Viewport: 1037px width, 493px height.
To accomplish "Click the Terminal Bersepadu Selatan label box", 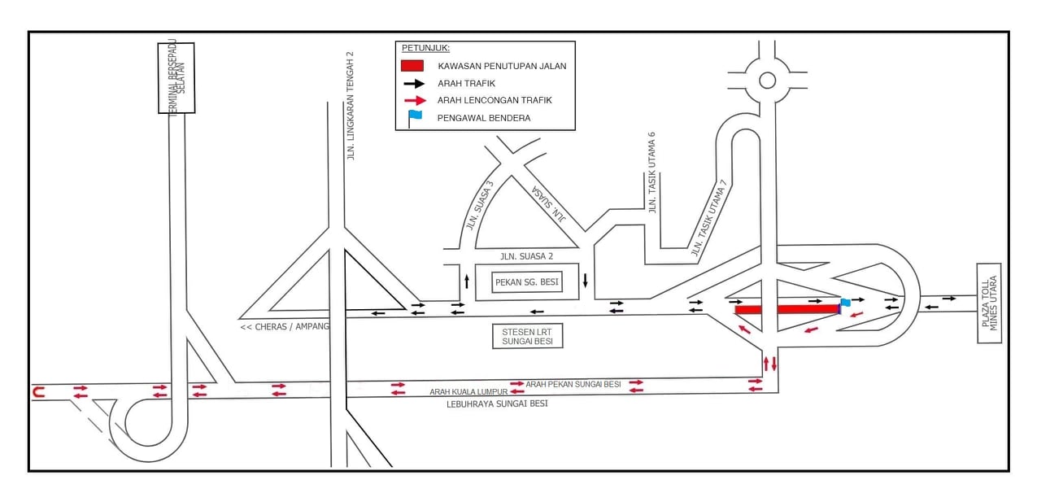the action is pos(176,78).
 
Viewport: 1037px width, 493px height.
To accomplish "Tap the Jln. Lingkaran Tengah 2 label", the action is pos(351,106).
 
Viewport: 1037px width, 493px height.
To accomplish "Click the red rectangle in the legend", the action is pos(412,66).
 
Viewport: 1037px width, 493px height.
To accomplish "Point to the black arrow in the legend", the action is pos(414,84).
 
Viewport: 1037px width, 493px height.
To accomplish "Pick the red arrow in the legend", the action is pos(415,100).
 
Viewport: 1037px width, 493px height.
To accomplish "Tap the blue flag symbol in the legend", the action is pos(414,119).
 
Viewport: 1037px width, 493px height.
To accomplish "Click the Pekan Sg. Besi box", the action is pos(527,282).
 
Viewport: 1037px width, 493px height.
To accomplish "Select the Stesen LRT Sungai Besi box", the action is pos(527,336).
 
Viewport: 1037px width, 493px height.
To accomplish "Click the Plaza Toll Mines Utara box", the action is pos(989,303).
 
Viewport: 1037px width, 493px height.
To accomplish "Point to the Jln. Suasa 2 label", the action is pos(526,256).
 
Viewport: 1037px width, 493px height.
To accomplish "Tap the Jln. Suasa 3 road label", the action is pos(480,206).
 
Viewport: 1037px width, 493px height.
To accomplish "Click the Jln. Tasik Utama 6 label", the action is pos(652,172).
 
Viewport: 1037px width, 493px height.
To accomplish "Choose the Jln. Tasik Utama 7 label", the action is pos(708,217).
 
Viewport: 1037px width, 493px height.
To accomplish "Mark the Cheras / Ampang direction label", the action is pos(284,327).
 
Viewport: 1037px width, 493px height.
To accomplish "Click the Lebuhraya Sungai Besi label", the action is pos(497,404).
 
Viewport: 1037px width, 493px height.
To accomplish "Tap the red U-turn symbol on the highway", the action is pos(38,393).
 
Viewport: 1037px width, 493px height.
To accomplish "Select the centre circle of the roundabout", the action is pos(768,81).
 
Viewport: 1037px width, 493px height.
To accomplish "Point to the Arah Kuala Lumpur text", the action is pos(468,392).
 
